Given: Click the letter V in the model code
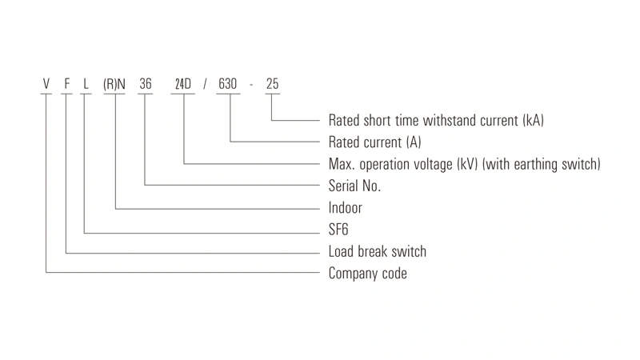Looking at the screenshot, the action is click(x=46, y=84).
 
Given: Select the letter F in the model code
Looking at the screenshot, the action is click(x=67, y=84).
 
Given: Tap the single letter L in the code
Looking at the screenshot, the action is click(x=86, y=84).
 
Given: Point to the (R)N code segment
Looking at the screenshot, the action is click(x=114, y=84).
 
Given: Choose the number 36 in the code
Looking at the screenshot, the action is click(x=146, y=84).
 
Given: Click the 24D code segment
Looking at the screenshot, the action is click(x=183, y=84).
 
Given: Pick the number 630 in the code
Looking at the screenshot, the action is click(x=227, y=84).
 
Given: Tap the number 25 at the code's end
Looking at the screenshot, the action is click(x=272, y=84).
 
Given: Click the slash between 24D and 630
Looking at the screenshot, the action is click(x=205, y=84).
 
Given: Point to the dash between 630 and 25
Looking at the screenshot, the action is click(x=251, y=85).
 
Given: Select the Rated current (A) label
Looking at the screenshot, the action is click(x=374, y=142).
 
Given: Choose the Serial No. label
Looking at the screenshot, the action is click(x=354, y=186).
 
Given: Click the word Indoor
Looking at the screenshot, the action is click(x=346, y=208).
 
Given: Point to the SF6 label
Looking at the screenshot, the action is click(x=338, y=230).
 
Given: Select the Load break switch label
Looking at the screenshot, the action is click(x=378, y=251).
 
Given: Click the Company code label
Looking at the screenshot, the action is click(x=368, y=274).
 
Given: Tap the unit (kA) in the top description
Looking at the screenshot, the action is click(x=534, y=121).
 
